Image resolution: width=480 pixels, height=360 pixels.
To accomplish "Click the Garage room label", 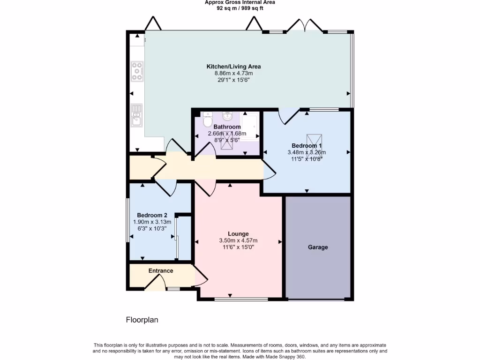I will pyautogui.click(x=318, y=247).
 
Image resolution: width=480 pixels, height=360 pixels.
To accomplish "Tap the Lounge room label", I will pyautogui.click(x=238, y=233).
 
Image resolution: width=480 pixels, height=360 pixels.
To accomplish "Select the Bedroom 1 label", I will pyautogui.click(x=307, y=145).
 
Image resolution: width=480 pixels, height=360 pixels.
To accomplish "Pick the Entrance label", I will pyautogui.click(x=161, y=270).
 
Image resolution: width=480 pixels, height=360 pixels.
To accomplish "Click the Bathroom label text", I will pyautogui.click(x=227, y=127).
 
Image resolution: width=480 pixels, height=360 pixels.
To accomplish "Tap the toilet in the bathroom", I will pyautogui.click(x=208, y=120).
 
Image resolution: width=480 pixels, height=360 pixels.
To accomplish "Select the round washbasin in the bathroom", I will pyautogui.click(x=227, y=115).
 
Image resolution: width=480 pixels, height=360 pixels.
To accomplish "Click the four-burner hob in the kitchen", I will pyautogui.click(x=137, y=71).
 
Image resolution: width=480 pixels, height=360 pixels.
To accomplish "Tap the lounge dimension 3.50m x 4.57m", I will pyautogui.click(x=238, y=240).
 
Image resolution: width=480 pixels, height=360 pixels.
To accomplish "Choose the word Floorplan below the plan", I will pyautogui.click(x=142, y=320).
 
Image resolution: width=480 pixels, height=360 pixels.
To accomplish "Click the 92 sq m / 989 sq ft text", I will pyautogui.click(x=240, y=8).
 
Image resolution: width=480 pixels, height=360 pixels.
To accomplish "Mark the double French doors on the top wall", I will pyautogui.click(x=305, y=25).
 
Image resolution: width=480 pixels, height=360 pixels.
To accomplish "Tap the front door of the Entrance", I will pyautogui.click(x=155, y=282).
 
